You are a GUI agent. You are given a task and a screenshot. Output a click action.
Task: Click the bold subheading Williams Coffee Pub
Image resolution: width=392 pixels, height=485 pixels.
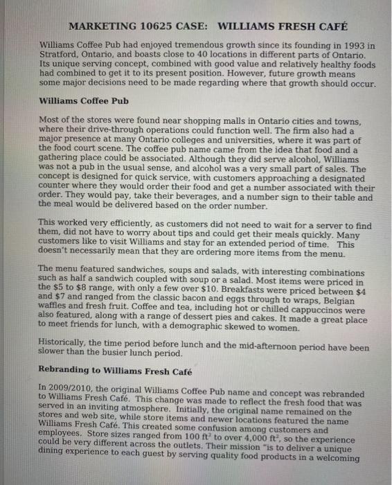pyautogui.click(x=84, y=100)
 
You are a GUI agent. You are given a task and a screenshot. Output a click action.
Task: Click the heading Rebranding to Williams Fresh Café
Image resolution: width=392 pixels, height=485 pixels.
pyautogui.click(x=115, y=371)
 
